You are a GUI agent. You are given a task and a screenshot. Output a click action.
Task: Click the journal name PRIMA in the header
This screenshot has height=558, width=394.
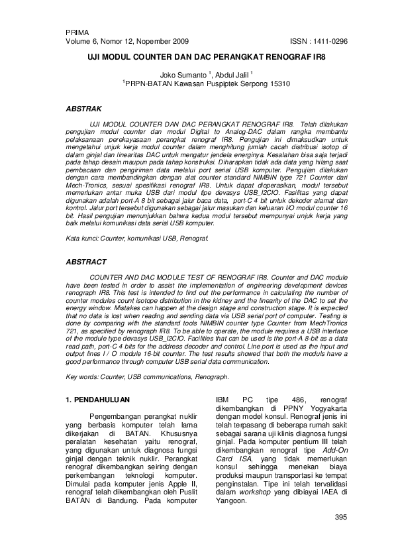pyautogui.click(x=77, y=32)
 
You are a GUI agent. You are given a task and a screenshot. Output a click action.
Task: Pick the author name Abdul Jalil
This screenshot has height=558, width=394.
pyautogui.click(x=232, y=76)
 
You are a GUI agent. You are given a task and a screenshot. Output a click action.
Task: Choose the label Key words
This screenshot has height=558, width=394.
pyautogui.click(x=83, y=377)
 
